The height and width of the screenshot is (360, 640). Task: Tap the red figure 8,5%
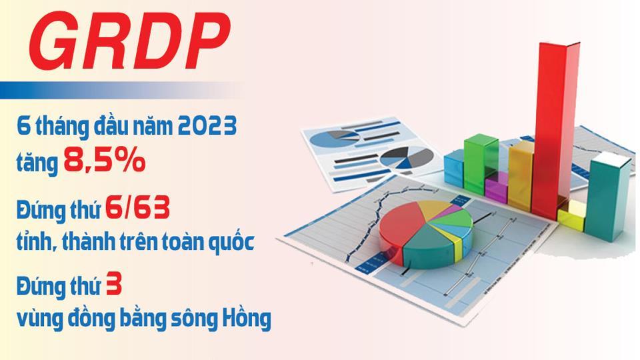click(104, 161)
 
